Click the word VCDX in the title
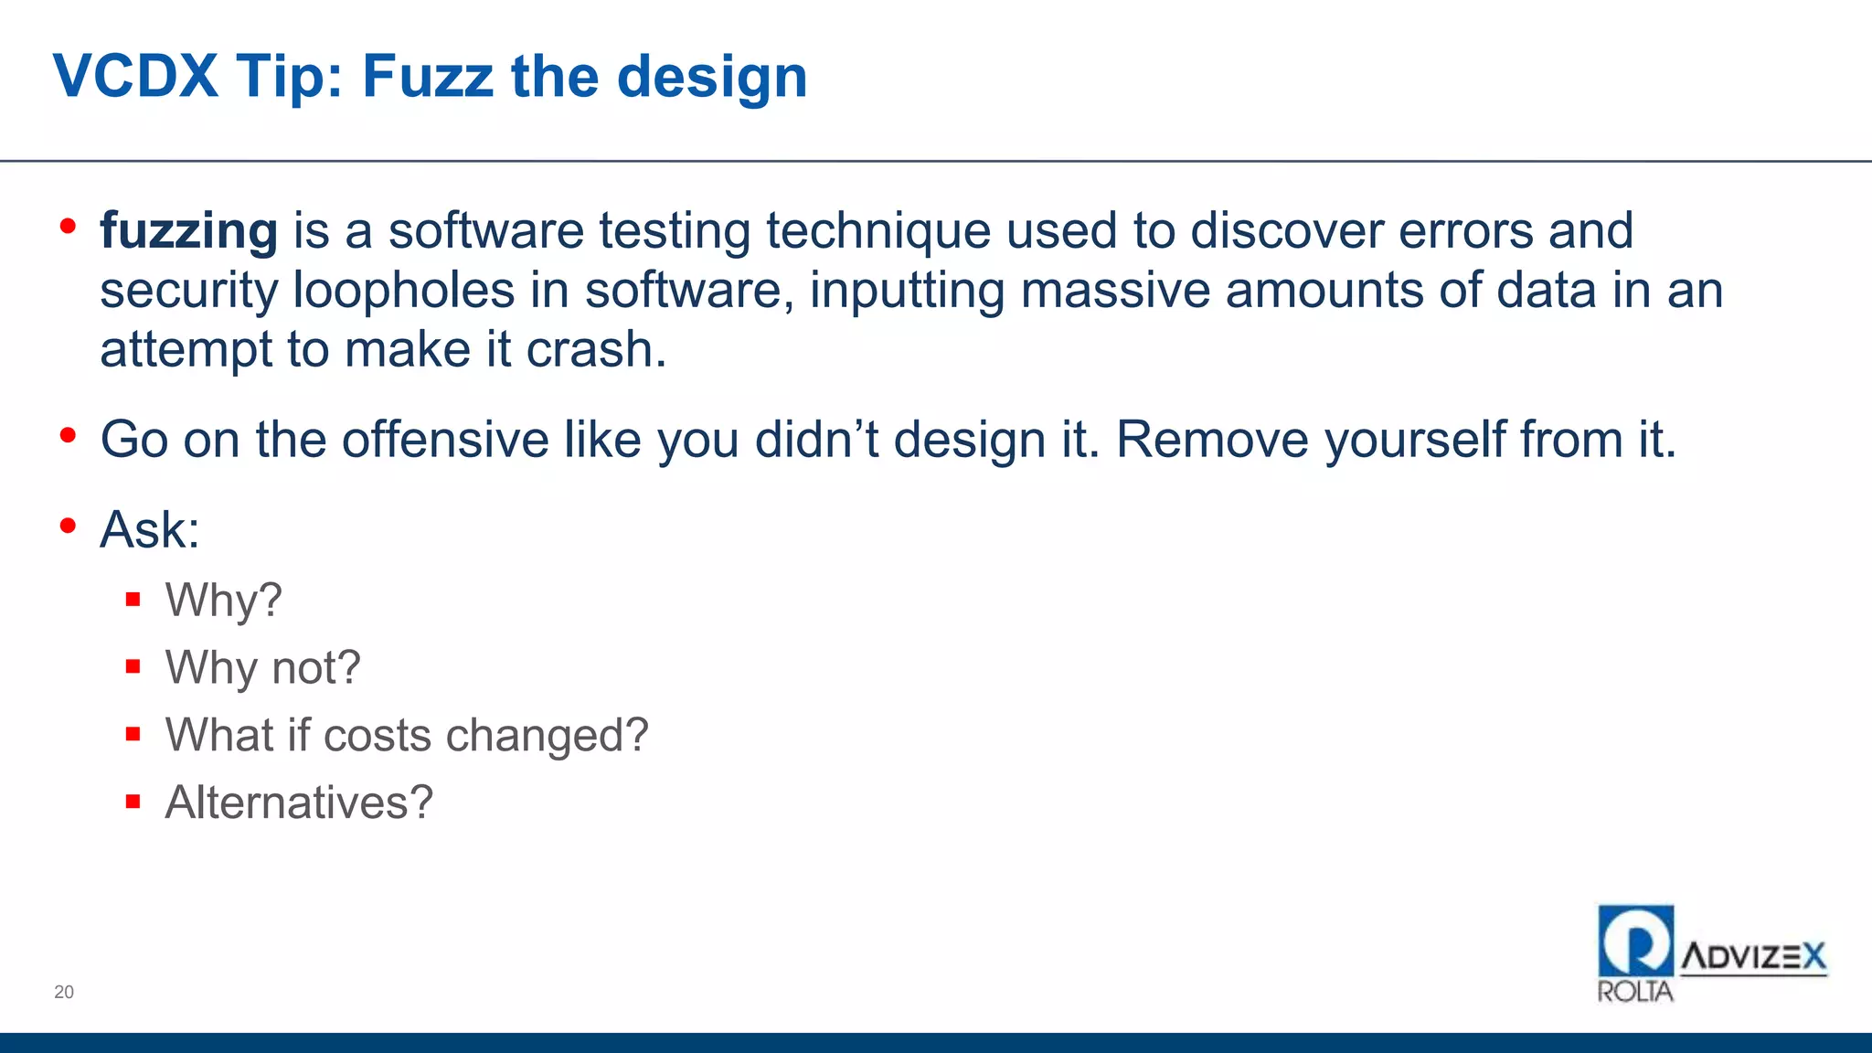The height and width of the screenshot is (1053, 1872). point(135,76)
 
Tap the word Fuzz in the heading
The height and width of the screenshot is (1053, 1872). point(428,76)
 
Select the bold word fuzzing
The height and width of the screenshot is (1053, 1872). point(188,230)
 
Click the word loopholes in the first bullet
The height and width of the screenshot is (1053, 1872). point(403,291)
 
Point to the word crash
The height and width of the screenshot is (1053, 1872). point(596,349)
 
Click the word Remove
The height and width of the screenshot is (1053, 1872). point(1213,440)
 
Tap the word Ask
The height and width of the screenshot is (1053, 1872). point(149,530)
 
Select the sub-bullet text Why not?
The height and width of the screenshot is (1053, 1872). point(262,667)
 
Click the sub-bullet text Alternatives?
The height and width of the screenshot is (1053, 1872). point(299,803)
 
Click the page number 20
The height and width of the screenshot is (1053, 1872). point(64,992)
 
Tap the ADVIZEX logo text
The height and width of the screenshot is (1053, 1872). point(1753,957)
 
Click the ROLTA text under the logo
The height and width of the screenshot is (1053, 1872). point(1635,992)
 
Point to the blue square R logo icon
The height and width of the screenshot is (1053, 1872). point(1635,941)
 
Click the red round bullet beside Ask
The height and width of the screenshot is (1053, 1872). point(68,526)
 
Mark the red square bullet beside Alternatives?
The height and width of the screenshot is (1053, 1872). point(133,802)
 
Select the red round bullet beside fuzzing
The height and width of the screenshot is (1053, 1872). point(68,226)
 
